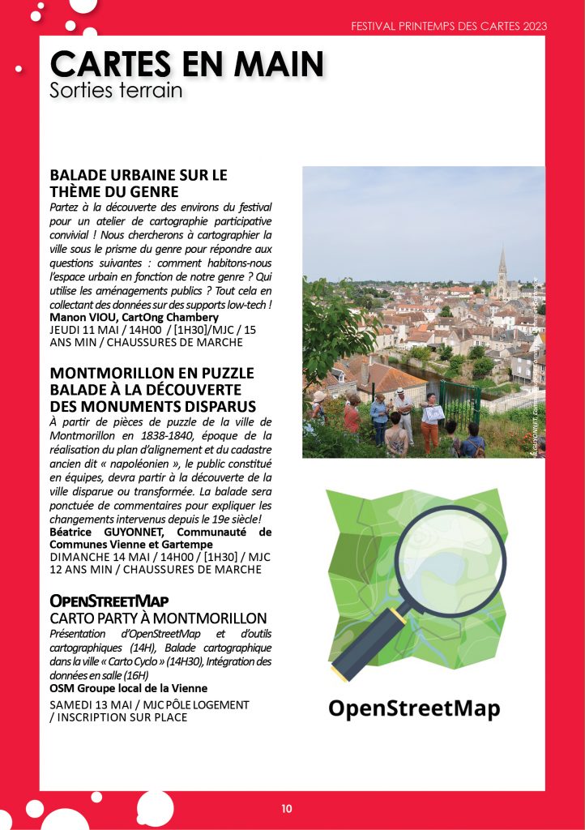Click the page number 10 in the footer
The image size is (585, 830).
click(x=287, y=808)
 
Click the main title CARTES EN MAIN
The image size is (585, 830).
click(x=187, y=63)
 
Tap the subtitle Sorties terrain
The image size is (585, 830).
click(x=116, y=90)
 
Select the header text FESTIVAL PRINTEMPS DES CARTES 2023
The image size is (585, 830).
click(x=449, y=26)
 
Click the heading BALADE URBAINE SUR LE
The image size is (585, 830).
click(x=139, y=175)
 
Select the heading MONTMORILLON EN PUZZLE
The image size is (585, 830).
click(x=152, y=373)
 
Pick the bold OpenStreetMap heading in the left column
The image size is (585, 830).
click(x=109, y=601)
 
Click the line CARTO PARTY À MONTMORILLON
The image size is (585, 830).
click(x=158, y=618)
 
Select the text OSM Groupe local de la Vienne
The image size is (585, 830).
click(x=128, y=688)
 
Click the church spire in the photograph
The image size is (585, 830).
click(x=502, y=263)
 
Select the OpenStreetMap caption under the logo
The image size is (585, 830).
click(x=414, y=708)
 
